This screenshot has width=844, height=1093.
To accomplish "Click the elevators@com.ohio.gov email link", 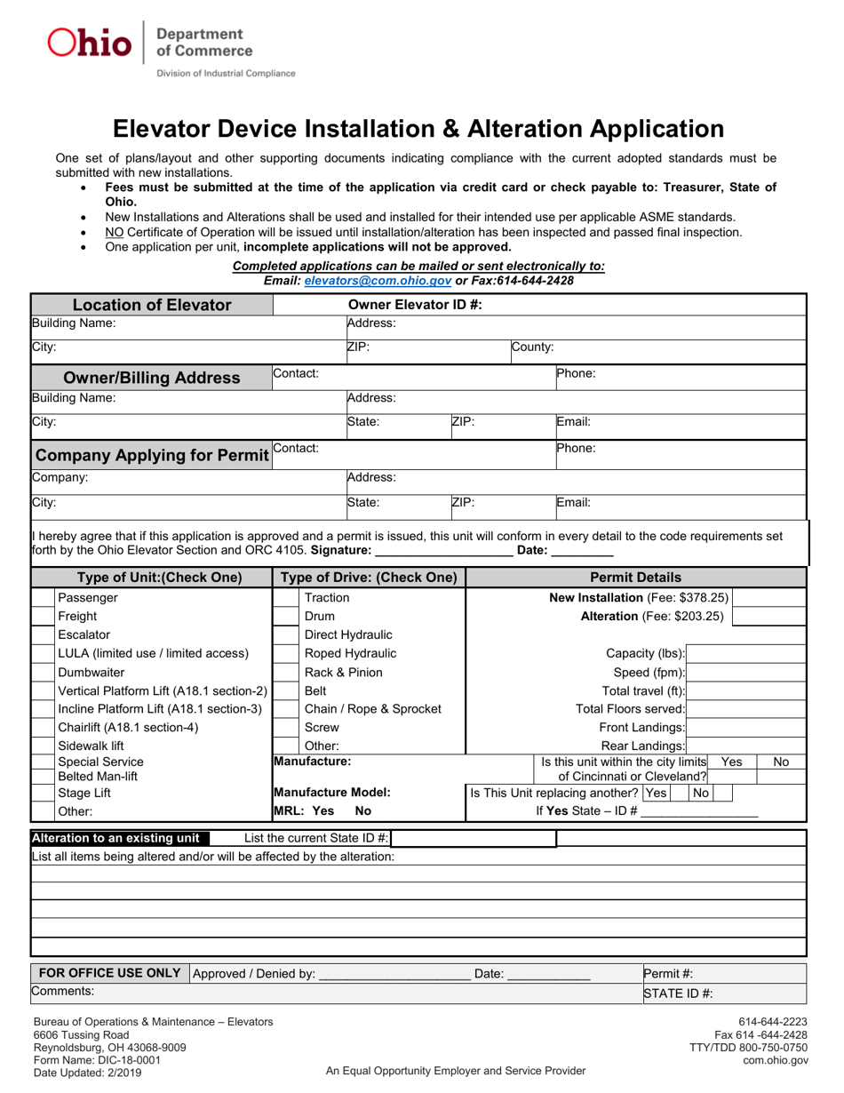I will click(378, 281).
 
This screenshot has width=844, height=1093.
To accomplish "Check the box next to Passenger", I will click(43, 598).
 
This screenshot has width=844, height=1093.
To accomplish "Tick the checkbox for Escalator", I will click(43, 635).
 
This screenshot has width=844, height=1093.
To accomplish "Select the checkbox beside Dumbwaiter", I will click(43, 673).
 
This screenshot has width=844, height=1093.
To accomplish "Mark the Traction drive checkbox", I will click(284, 598).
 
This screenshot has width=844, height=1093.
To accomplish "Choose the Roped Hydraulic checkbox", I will click(284, 654).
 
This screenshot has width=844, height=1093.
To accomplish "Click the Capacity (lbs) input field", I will click(746, 654).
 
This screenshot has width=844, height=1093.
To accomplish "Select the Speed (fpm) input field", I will click(746, 673).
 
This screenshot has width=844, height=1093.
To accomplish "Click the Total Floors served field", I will click(746, 709).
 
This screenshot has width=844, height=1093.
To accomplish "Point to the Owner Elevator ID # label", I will click(415, 305).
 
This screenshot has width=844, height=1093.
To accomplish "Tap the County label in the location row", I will click(533, 347).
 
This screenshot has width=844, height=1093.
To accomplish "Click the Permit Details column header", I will click(636, 578).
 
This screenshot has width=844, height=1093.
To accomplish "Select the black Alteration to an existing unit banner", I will click(119, 838).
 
